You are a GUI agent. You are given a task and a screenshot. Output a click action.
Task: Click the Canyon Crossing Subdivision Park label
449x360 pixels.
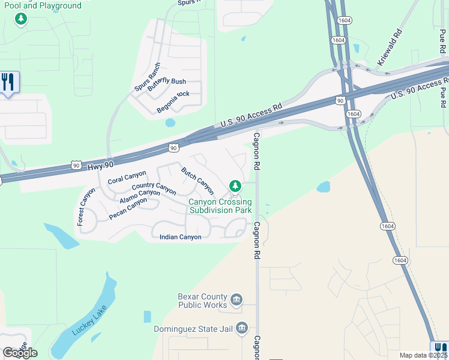(220, 206)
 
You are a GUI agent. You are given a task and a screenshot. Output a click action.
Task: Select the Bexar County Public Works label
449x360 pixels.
(203, 301)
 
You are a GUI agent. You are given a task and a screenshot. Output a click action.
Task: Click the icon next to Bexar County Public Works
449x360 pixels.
(237, 299)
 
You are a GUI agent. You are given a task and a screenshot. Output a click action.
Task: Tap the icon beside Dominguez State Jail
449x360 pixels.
(242, 328)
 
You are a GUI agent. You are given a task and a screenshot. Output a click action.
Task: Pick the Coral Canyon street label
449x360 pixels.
(127, 177)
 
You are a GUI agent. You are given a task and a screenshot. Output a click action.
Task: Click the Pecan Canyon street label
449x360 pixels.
(128, 208)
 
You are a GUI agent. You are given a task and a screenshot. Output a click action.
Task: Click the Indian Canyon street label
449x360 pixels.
(180, 237)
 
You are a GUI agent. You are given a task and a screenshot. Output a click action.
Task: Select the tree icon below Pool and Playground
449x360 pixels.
(22, 20)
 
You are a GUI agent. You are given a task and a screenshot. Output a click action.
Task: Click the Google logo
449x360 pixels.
(20, 352)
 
